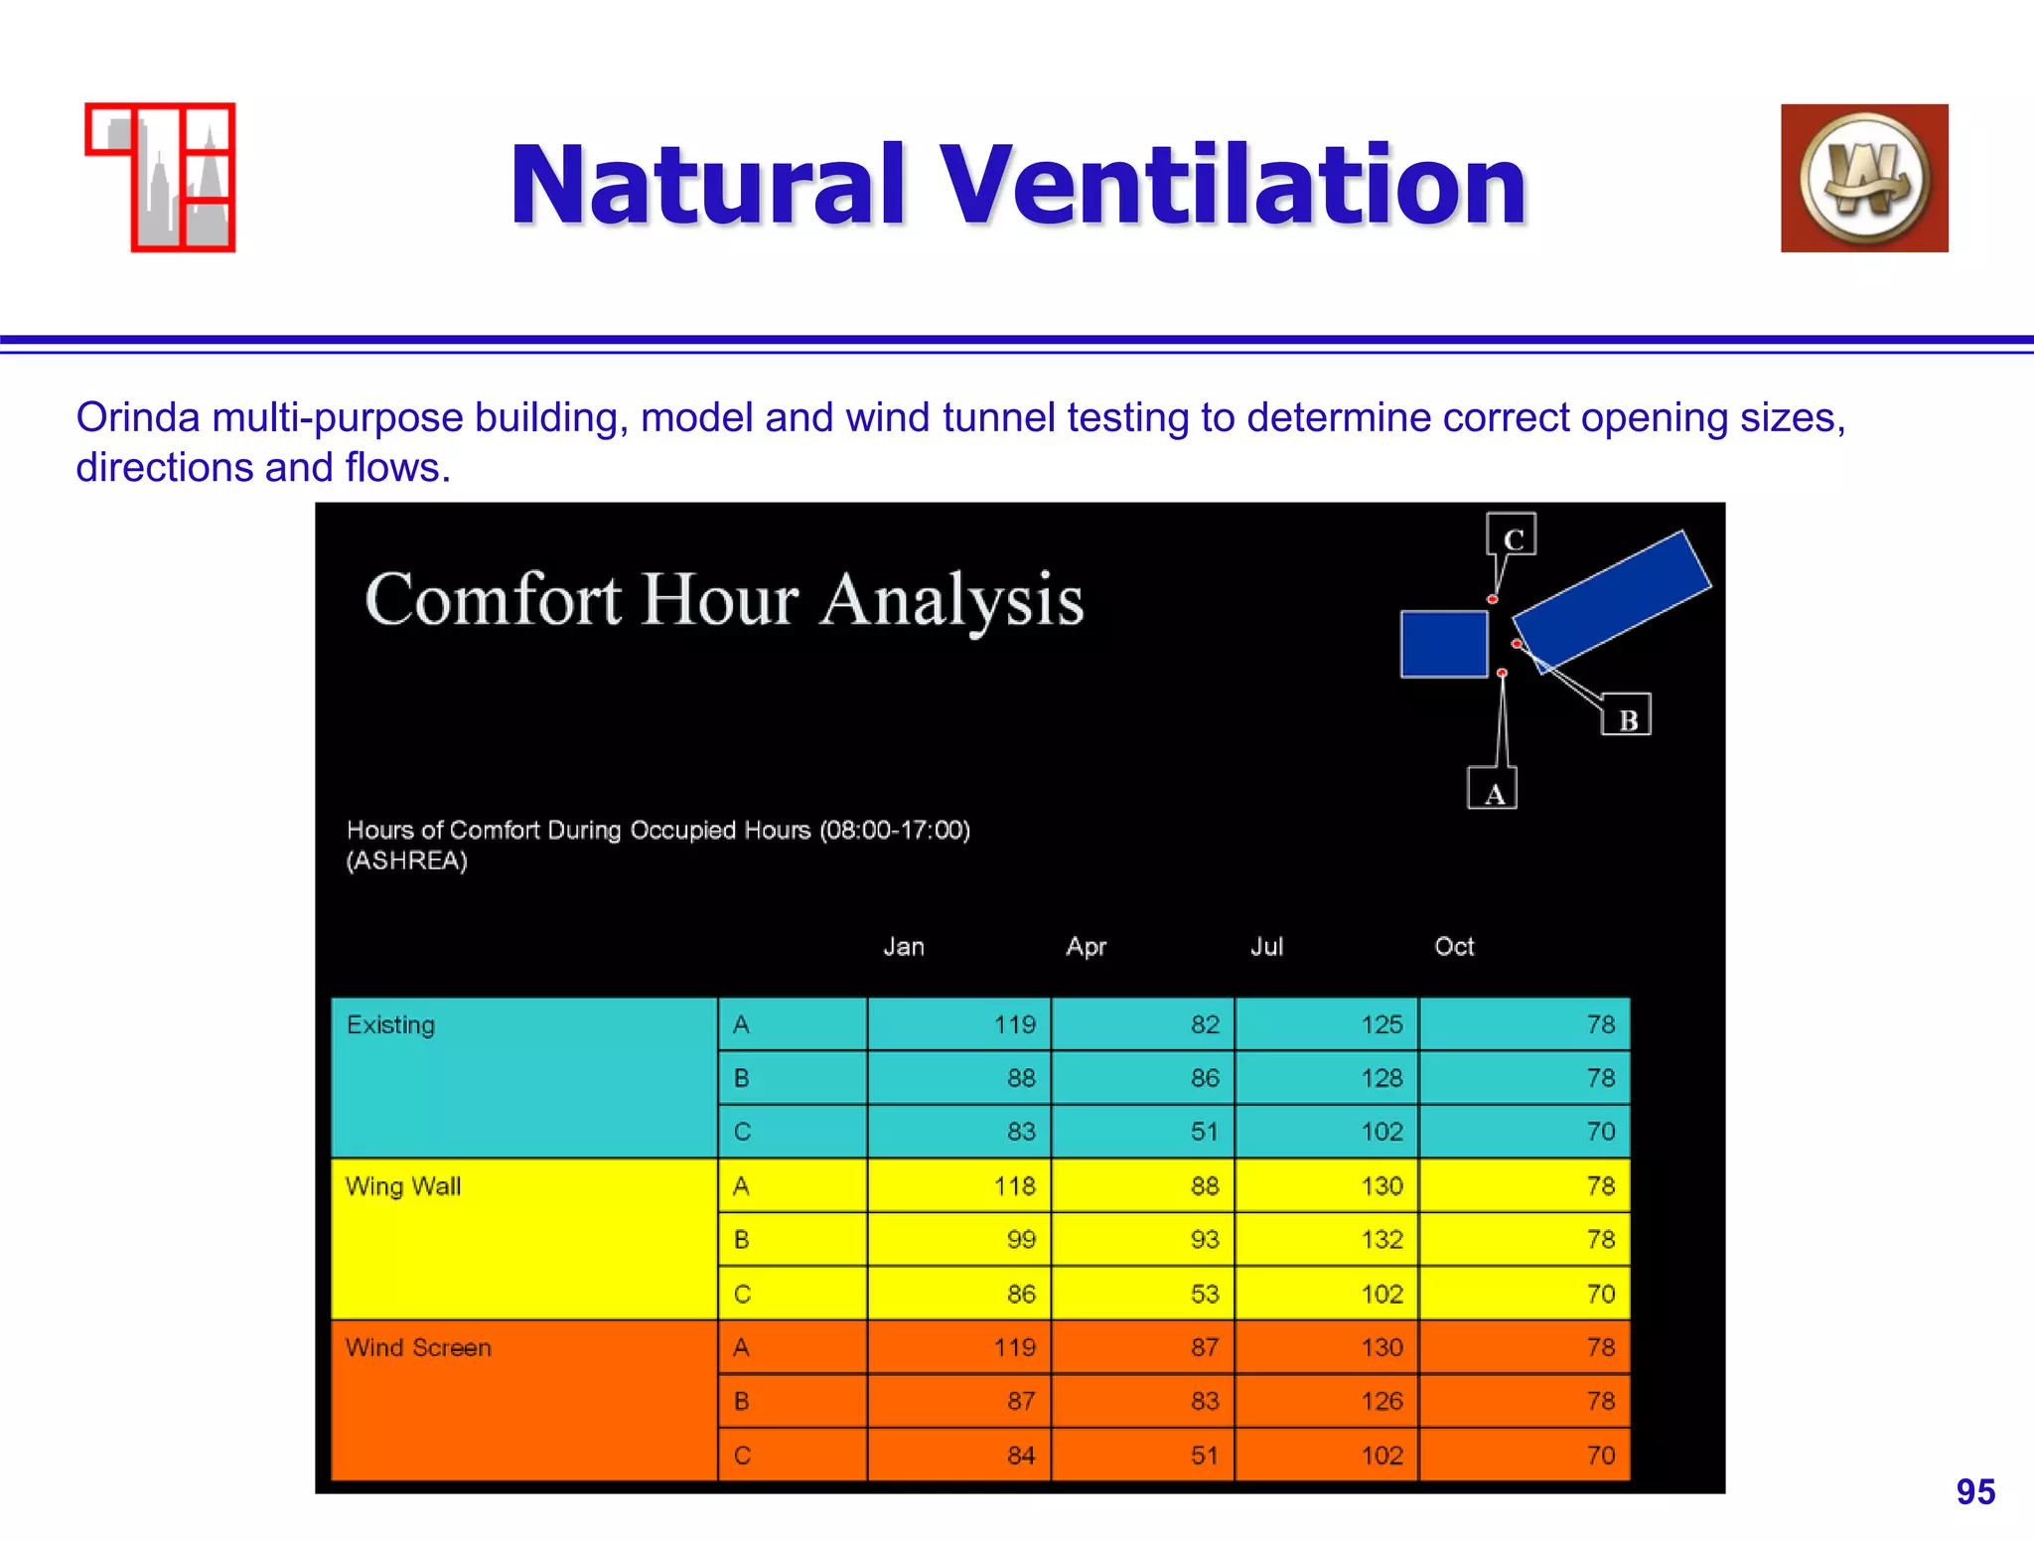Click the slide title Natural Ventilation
coord(1017,185)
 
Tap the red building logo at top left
coord(161,178)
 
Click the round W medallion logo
coord(1864,179)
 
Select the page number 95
coord(1974,1491)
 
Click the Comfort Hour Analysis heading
coord(724,600)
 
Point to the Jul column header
coord(1266,946)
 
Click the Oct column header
coord(1454,946)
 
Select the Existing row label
coord(390,1024)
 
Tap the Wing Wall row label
coord(402,1185)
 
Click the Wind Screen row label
coord(418,1347)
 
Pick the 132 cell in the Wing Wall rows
coord(1381,1239)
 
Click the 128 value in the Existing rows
coord(1381,1078)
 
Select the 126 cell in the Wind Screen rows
coord(1381,1401)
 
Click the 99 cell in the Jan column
coord(1021,1239)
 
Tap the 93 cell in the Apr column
coord(1204,1239)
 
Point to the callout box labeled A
coord(1493,790)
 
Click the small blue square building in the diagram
coord(1444,644)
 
